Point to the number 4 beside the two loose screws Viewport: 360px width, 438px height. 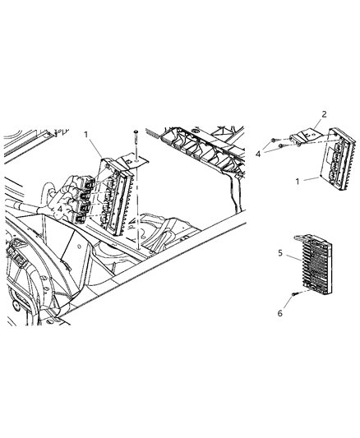257,152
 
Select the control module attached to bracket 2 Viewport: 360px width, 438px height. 337,160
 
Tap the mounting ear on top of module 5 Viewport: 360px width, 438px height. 313,235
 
